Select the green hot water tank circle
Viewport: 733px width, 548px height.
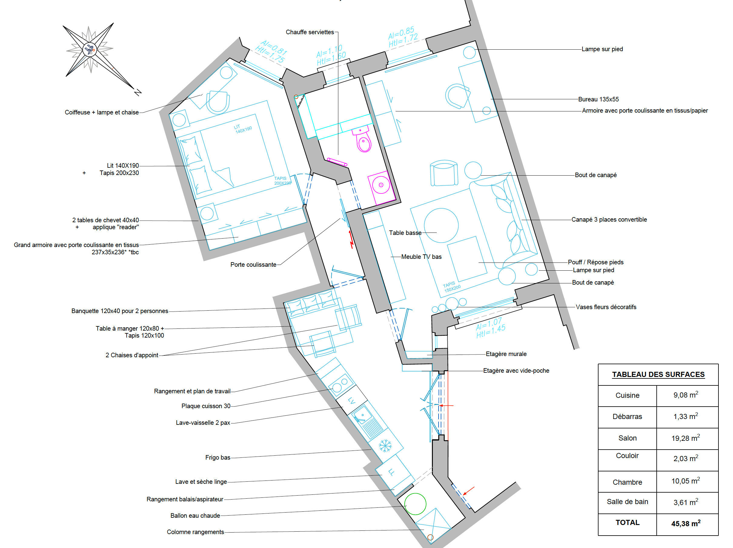(415, 503)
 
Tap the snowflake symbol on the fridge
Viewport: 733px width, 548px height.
(385, 446)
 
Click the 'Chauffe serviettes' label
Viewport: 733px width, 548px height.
(310, 32)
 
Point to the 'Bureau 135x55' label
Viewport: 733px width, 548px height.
(599, 99)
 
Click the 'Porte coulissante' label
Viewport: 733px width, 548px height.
(253, 264)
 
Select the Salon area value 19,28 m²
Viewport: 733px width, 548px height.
(685, 438)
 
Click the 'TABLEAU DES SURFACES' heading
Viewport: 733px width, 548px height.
(658, 375)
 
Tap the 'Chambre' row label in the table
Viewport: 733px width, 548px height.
(627, 482)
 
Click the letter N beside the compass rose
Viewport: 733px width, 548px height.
(138, 92)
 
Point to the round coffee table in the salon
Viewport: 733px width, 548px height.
(441, 225)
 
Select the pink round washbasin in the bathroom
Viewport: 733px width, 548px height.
(381, 185)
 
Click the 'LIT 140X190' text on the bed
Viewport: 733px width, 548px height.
(243, 129)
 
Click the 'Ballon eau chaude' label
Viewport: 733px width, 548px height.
(195, 516)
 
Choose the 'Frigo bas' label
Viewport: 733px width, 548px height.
(218, 457)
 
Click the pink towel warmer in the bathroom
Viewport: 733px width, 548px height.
(337, 162)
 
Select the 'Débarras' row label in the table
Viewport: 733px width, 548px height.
(627, 417)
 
